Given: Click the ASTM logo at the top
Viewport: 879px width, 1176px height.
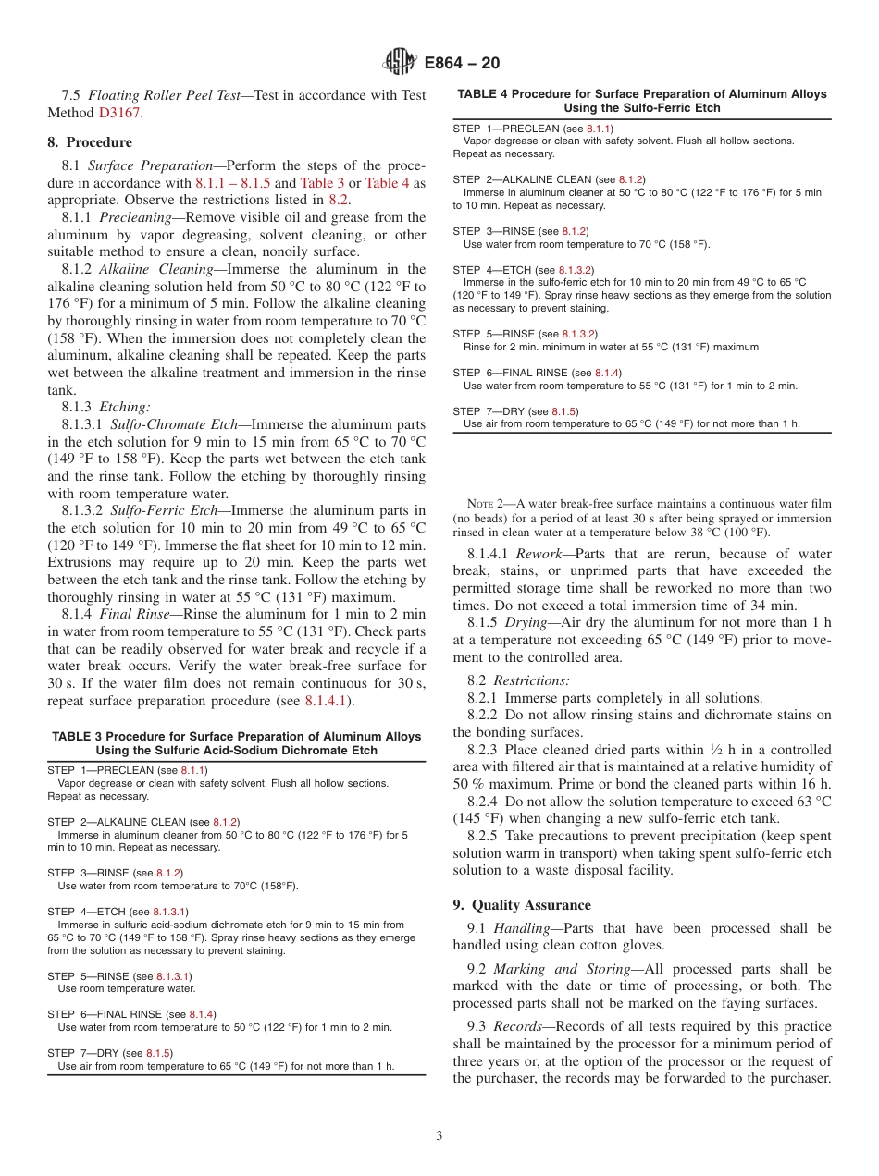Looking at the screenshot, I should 400,63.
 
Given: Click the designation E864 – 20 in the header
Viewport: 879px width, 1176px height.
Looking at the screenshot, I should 462,63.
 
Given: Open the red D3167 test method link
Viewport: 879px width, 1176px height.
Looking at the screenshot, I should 120,113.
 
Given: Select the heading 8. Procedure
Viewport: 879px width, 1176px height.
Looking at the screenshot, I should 89,142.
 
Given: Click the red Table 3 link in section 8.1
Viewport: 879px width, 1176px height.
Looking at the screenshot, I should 322,183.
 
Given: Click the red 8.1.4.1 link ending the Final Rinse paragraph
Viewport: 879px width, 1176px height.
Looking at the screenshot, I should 326,701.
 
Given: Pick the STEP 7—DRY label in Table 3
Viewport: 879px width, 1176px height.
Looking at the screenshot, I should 84,1053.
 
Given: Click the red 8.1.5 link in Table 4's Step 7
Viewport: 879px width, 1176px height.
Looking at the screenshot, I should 564,410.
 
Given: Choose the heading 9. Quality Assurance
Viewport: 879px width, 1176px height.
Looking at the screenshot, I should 522,905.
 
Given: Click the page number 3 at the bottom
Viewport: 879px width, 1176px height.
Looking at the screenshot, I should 439,1136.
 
